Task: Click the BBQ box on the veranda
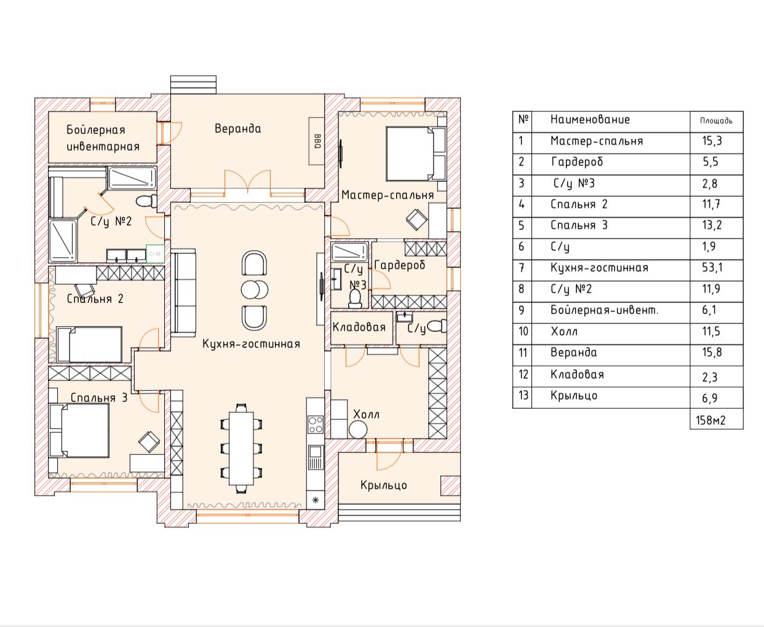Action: coord(316,141)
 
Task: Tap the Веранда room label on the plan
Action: coord(237,128)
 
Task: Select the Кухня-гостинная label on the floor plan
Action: coord(251,344)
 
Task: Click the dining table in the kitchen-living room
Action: coord(241,449)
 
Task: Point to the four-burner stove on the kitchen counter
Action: coord(315,425)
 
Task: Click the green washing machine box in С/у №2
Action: coord(155,253)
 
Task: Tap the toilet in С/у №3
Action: coord(355,299)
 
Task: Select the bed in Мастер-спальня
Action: coord(416,154)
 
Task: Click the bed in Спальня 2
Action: coord(89,344)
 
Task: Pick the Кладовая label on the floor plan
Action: coord(359,327)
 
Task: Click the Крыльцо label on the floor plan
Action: coord(384,486)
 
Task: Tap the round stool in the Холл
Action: coord(358,430)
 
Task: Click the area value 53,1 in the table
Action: coord(712,267)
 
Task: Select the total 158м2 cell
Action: coord(710,420)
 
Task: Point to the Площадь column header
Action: coord(716,120)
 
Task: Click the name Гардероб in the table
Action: coord(577,162)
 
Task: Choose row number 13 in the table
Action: coord(523,395)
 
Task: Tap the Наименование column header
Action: coord(590,119)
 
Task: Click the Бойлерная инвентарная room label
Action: coord(103,138)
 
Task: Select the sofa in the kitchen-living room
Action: coord(183,293)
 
